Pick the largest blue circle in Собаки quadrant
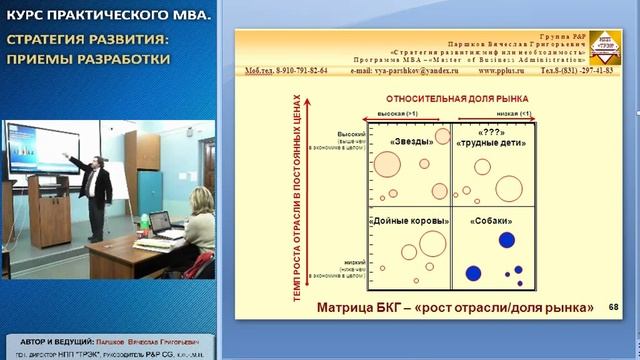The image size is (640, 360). [x=507, y=240]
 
